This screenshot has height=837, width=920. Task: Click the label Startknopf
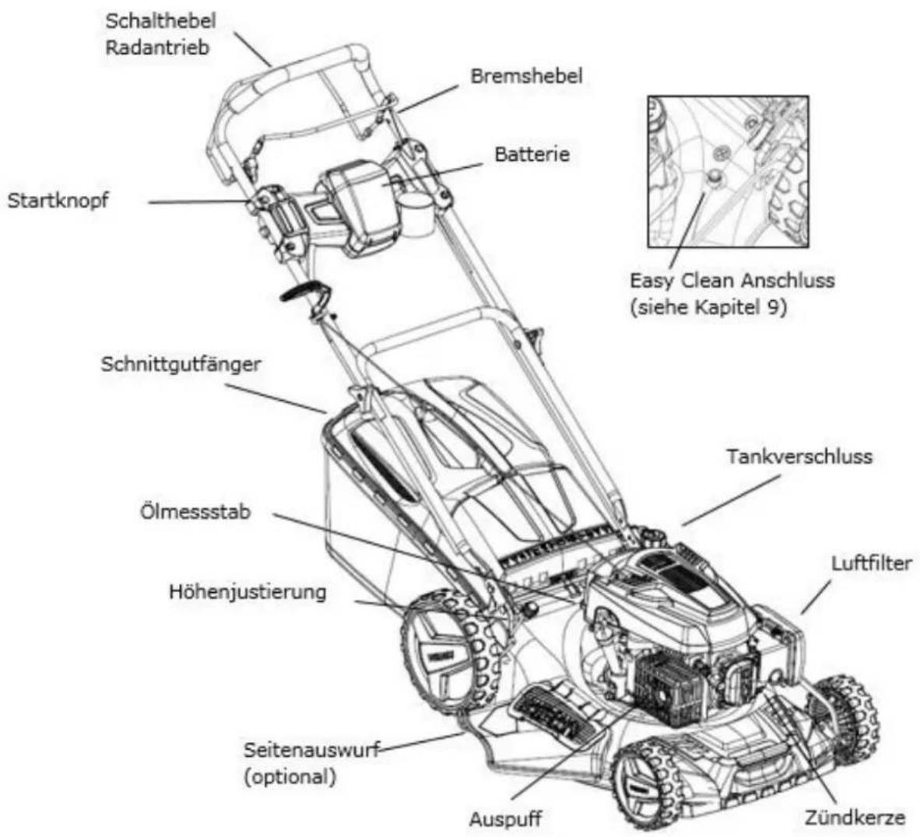pyautogui.click(x=58, y=201)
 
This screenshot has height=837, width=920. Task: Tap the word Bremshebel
pyautogui.click(x=526, y=75)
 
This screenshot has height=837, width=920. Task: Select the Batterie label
pyautogui.click(x=532, y=154)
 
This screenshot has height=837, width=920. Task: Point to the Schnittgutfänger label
pyautogui.click(x=181, y=365)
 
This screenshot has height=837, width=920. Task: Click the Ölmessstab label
pyautogui.click(x=195, y=511)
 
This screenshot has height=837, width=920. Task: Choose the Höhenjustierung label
pyautogui.click(x=248, y=592)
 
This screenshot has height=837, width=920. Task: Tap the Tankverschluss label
pyautogui.click(x=799, y=456)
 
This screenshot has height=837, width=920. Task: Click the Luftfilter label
pyautogui.click(x=871, y=563)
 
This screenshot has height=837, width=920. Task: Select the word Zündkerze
pyautogui.click(x=855, y=817)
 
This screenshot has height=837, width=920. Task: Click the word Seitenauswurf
pyautogui.click(x=311, y=750)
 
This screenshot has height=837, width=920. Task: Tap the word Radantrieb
pyautogui.click(x=156, y=47)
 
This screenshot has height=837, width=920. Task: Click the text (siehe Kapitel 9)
pyautogui.click(x=708, y=307)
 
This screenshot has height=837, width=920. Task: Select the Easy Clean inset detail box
pyautogui.click(x=728, y=171)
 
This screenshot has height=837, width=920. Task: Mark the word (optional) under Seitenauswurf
pyautogui.click(x=290, y=777)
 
